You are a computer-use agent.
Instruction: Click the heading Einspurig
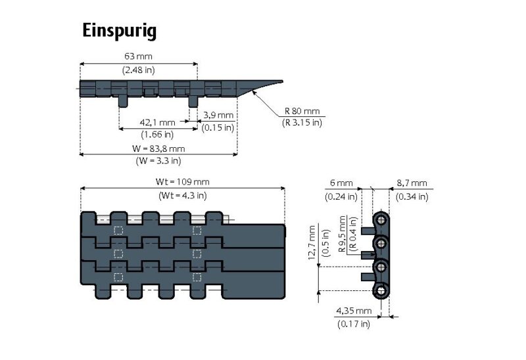(119, 31)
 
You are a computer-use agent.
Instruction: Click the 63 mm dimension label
(139, 57)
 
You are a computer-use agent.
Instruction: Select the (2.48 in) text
(139, 70)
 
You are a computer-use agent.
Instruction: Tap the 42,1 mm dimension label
(158, 122)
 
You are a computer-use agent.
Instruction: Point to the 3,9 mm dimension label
(218, 115)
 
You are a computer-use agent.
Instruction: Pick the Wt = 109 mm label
(183, 182)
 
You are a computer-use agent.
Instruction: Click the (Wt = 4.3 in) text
(183, 195)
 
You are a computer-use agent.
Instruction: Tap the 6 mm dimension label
(342, 183)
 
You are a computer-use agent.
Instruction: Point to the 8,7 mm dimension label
(412, 183)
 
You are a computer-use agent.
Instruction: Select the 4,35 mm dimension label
(354, 311)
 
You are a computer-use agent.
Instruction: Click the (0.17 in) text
(354, 323)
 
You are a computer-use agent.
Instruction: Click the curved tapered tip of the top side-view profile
(266, 84)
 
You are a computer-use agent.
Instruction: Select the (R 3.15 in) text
(302, 122)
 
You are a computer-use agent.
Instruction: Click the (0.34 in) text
(412, 196)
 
